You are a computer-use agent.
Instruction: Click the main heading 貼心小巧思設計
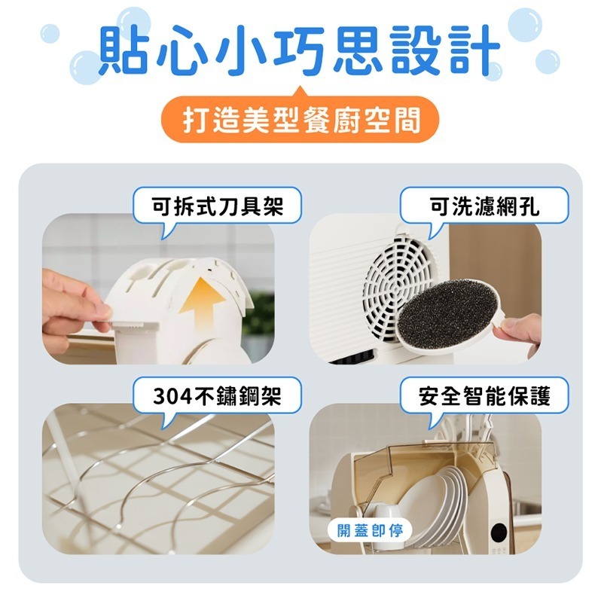click(300, 50)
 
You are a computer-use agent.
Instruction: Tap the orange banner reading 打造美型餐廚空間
click(300, 120)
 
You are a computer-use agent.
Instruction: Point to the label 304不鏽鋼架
click(218, 395)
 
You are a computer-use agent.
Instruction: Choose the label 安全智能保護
click(484, 395)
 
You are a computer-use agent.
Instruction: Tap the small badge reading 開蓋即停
click(370, 531)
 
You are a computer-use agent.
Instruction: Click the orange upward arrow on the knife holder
click(202, 303)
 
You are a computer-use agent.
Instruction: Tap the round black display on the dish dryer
click(499, 532)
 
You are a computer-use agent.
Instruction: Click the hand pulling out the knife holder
click(75, 307)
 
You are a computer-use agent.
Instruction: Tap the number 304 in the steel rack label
click(172, 396)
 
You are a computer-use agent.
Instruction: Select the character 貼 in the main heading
click(123, 50)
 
